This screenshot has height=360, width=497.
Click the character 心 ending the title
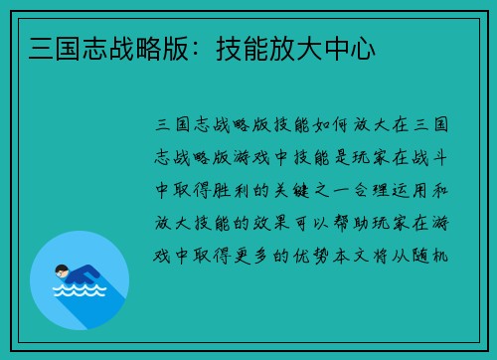[x=362, y=48]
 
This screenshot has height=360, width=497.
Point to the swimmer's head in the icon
[x=62, y=270]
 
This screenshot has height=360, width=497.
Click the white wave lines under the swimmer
[x=80, y=294]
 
